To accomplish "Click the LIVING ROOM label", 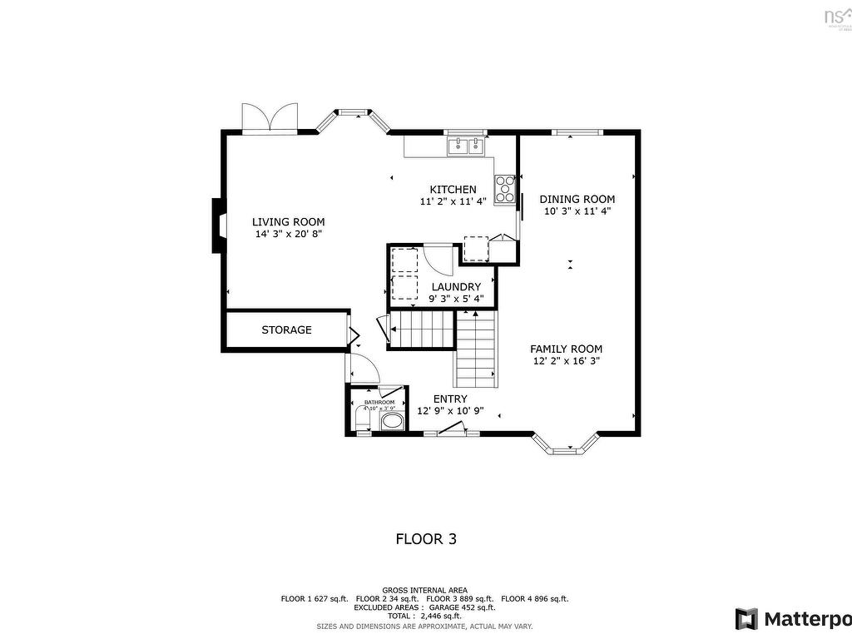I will (x=288, y=222).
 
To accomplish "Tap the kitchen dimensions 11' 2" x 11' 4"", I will (x=453, y=201).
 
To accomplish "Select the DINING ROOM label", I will (x=577, y=199).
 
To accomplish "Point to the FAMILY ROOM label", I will (x=566, y=349).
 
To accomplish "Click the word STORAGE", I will (x=286, y=330).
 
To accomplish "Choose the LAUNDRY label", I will (x=455, y=287).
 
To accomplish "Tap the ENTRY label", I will (x=449, y=399).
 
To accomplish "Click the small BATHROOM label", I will (x=379, y=402).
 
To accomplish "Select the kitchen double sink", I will (x=466, y=147).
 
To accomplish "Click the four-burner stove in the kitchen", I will (x=504, y=189).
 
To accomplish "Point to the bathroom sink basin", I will (x=391, y=421).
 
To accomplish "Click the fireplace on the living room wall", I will (x=216, y=225).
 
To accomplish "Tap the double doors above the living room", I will (x=270, y=118).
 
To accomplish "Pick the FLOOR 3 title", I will (x=425, y=539).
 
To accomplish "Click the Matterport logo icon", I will (x=746, y=619).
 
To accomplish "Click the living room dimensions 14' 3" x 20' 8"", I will (x=288, y=235).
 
